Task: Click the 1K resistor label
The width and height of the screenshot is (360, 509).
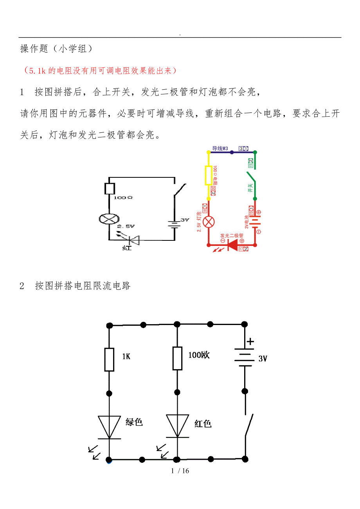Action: click(x=126, y=356)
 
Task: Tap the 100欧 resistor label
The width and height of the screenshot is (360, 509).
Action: click(x=198, y=355)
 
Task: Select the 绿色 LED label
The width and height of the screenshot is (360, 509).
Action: click(x=134, y=422)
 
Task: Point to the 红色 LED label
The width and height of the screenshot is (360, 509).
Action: click(x=203, y=423)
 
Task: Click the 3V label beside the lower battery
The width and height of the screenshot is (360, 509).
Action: click(x=263, y=359)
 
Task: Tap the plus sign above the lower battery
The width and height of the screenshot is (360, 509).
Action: click(x=250, y=341)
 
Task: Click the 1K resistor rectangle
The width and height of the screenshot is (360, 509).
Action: click(x=109, y=359)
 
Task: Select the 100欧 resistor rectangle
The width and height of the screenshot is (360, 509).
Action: click(x=177, y=358)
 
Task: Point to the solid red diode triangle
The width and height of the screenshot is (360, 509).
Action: click(x=233, y=245)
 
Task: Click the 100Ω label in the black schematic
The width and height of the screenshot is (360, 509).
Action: click(x=123, y=198)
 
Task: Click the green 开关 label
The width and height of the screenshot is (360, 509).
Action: click(x=250, y=188)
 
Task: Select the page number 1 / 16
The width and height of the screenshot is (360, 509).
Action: click(x=180, y=471)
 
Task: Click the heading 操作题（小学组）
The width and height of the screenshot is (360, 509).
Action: click(x=56, y=49)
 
